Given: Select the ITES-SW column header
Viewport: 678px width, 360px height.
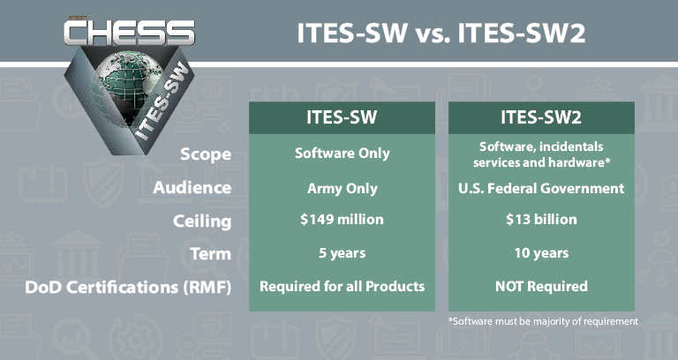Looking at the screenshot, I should point(342,117).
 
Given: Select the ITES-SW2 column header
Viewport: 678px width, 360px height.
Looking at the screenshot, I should point(542,117).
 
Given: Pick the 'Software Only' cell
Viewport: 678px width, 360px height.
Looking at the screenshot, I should point(342,154).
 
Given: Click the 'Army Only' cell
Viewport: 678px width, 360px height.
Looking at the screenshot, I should point(342,188).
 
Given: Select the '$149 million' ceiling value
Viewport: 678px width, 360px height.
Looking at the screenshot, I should point(342,220).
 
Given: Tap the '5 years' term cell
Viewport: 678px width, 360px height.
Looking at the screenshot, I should point(342,253).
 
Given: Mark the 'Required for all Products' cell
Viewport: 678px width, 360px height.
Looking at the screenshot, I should point(342,287).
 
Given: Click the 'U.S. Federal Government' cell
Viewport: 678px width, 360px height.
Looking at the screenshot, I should point(542,188).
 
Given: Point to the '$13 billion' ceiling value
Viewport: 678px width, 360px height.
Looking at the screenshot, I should point(542,220).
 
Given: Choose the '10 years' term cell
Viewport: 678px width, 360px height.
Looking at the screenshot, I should point(542,253).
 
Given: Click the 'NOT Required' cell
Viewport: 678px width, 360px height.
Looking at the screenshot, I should point(542,287).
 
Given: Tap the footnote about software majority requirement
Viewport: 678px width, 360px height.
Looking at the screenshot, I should point(542,321).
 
